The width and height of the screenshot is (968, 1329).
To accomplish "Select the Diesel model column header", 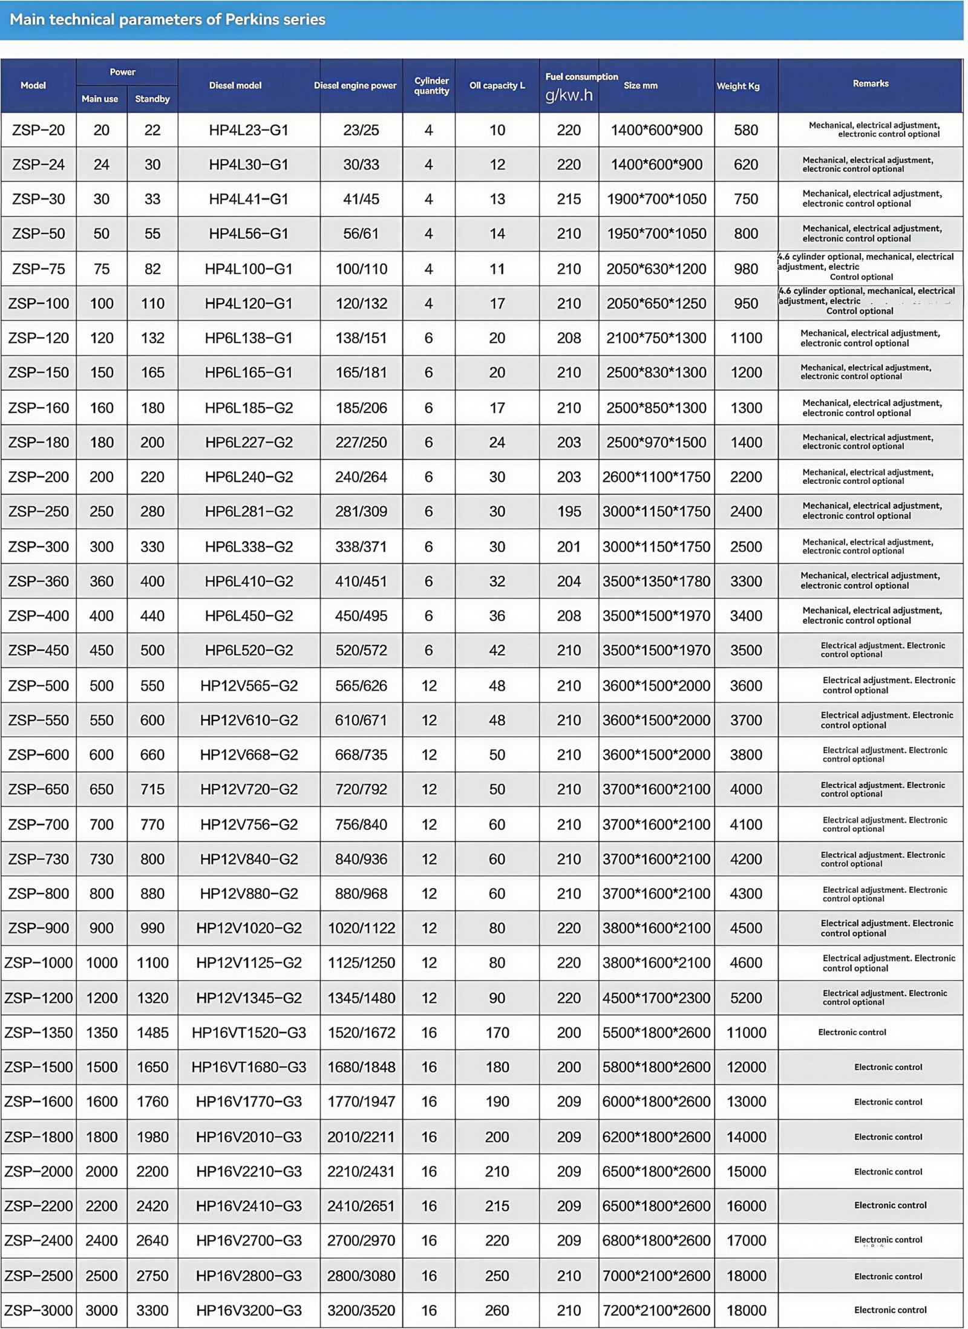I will click(x=235, y=85).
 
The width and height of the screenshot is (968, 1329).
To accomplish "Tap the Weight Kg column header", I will click(x=737, y=86).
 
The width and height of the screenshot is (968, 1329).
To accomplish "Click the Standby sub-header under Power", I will click(x=152, y=99).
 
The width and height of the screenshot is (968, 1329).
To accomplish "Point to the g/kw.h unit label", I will click(x=569, y=95).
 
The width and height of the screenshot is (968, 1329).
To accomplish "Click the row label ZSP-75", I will click(x=38, y=269).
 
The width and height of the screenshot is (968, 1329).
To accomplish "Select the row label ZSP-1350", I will click(x=38, y=1033).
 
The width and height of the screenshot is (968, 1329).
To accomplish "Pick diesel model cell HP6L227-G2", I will click(x=249, y=442).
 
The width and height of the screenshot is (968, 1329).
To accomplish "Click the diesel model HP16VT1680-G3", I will click(x=249, y=1067).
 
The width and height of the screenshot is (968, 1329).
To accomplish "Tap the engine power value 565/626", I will click(x=361, y=685).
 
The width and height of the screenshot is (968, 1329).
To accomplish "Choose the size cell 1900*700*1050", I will click(x=656, y=199).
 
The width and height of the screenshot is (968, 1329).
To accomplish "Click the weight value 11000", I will click(x=746, y=1033).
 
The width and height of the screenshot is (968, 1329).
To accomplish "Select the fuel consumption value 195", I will click(x=569, y=511).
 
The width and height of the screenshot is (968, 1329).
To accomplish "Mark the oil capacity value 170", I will click(x=497, y=1033).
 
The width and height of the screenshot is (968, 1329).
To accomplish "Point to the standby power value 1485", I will click(x=152, y=1033).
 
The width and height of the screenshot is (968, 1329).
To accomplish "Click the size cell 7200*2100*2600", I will click(x=656, y=1310).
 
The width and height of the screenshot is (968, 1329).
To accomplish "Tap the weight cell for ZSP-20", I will click(x=746, y=130).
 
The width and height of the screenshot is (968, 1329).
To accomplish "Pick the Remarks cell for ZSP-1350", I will click(x=852, y=1032).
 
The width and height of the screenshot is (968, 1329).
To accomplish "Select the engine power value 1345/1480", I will click(x=361, y=998).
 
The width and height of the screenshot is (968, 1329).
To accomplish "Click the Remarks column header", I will click(x=871, y=83).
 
